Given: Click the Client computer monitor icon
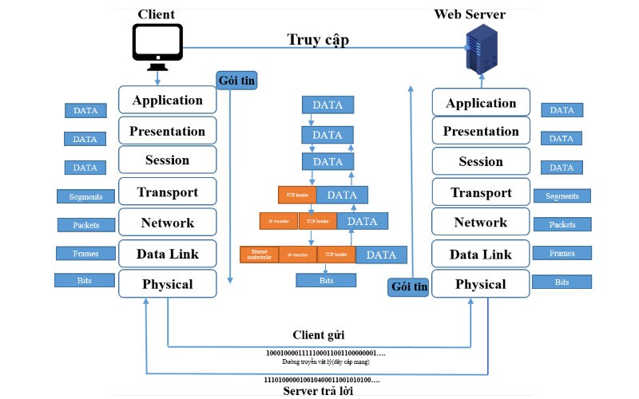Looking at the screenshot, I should click(157, 44).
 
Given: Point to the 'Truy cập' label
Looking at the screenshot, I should click(318, 39).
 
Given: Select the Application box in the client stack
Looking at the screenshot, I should click(168, 100).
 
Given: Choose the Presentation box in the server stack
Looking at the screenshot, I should click(481, 132).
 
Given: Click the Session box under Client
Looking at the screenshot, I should click(168, 160).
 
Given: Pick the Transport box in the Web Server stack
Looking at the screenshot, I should click(481, 192).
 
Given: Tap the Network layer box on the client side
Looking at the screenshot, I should click(168, 223).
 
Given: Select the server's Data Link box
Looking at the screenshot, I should click(481, 255).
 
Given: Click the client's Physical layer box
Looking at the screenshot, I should click(168, 284).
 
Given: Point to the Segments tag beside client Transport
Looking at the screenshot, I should click(85, 196).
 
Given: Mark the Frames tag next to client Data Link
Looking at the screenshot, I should click(85, 254).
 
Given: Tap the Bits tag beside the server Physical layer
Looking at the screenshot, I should click(562, 282).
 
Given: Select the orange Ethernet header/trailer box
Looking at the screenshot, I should click(257, 255).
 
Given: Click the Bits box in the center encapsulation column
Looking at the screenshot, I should click(327, 280).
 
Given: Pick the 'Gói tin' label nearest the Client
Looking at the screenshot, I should click(236, 81).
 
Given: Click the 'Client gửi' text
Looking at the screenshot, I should click(317, 334).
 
